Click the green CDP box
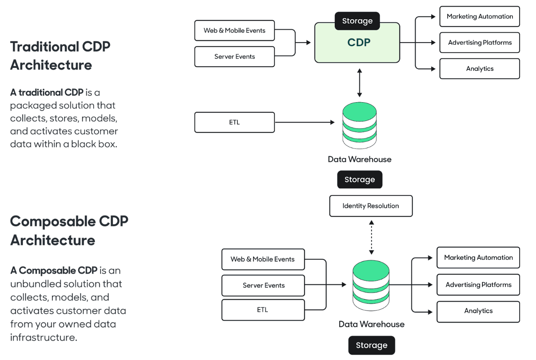pos(357,43)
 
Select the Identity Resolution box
pos(371,206)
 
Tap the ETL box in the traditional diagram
pos(234,123)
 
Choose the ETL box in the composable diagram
pos(263,310)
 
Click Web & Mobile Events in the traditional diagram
pos(234,31)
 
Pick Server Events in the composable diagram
pos(263,285)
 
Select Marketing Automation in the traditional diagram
pos(480,17)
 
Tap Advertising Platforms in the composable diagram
pos(478,285)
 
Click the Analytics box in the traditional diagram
pos(480,69)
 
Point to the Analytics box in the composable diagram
pos(478,311)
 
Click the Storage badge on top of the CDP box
pos(357,21)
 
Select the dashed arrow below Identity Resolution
pos(371,237)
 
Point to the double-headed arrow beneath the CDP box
pos(359,83)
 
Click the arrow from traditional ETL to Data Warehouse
pos(305,122)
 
